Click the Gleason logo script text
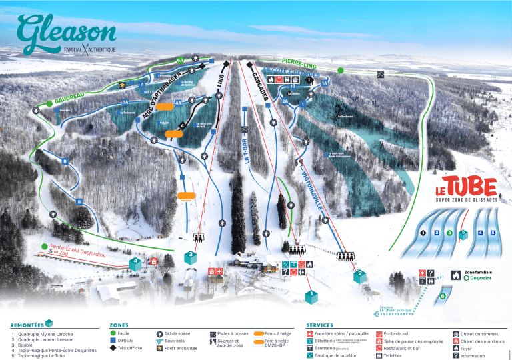click(x=67, y=29)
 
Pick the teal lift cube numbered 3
click(x=191, y=255)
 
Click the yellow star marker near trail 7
click(x=122, y=85)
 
